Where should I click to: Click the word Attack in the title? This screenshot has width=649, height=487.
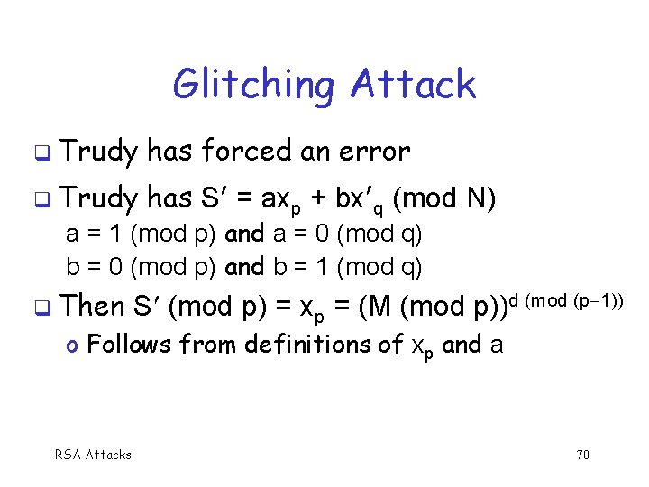(413, 86)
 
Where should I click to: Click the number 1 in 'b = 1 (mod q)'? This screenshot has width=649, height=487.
(323, 267)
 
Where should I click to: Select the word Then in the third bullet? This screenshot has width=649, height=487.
(96, 306)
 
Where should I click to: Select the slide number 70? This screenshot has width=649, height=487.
(582, 455)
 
